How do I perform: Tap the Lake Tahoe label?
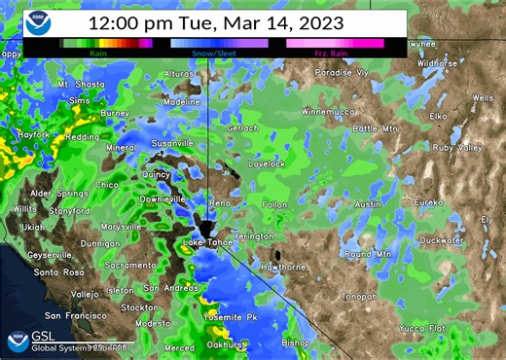coord(206,241)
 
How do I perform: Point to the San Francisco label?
coord(78,316)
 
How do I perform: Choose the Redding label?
coord(81,137)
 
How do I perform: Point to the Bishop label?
coord(296,342)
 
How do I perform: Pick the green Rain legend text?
coord(98,54)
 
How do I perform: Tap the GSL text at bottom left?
coord(43,336)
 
